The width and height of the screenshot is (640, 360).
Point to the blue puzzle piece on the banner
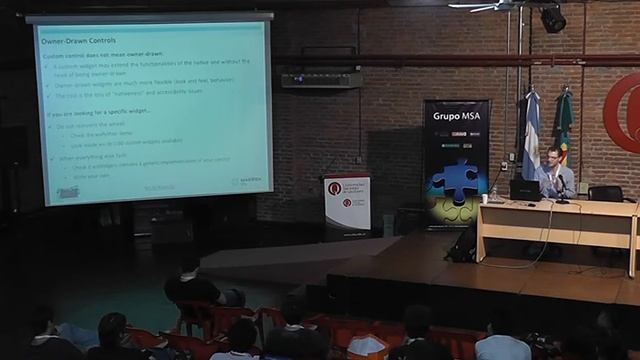(455, 179)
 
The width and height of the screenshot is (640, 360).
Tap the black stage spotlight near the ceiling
(552, 18)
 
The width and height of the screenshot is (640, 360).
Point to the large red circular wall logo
(623, 113)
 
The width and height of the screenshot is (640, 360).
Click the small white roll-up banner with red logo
(347, 204)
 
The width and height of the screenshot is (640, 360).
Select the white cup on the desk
(485, 198)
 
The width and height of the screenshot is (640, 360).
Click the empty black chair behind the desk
(604, 193)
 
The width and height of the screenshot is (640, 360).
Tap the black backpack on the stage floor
(463, 244)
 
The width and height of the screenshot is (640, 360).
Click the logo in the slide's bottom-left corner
(68, 190)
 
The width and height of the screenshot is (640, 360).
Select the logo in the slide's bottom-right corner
(247, 182)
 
